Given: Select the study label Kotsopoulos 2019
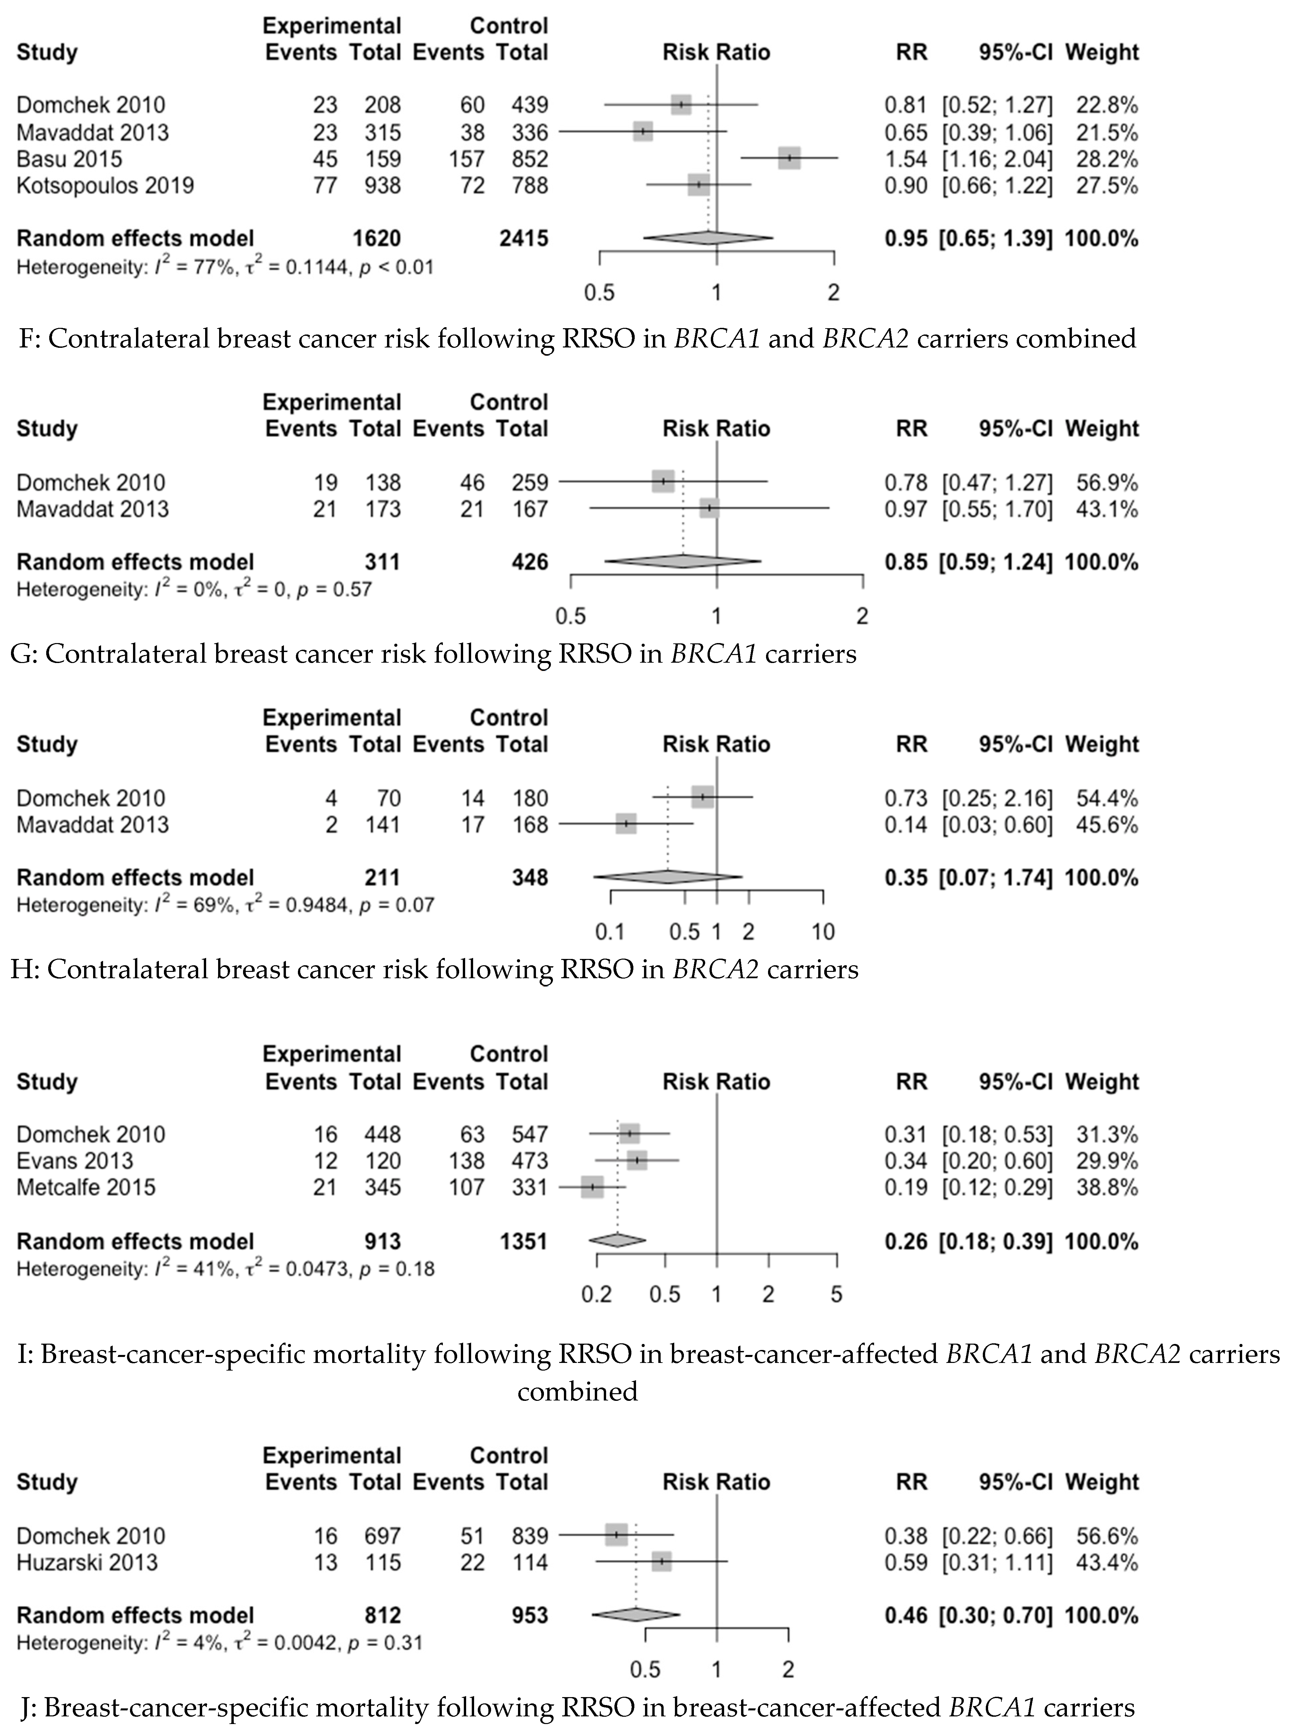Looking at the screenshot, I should [105, 186].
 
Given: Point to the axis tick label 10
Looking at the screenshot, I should [822, 932].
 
